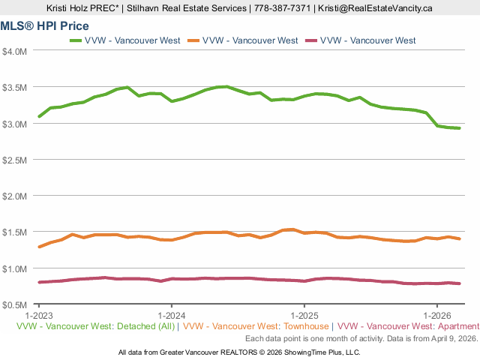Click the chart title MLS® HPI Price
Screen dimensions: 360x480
[x=45, y=25]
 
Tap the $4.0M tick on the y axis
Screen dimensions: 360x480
[x=15, y=51]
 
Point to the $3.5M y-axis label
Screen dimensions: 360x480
[x=15, y=87]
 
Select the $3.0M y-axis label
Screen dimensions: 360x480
[x=15, y=124]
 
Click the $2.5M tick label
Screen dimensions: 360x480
[x=15, y=160]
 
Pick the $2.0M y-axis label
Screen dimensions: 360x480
[x=15, y=196]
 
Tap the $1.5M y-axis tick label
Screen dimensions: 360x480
[x=15, y=232]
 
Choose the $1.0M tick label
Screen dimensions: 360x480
[x=15, y=268]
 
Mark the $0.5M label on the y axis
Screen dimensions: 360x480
[x=15, y=305]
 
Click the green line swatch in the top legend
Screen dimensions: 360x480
[x=77, y=40]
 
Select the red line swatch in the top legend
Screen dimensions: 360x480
[x=313, y=40]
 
